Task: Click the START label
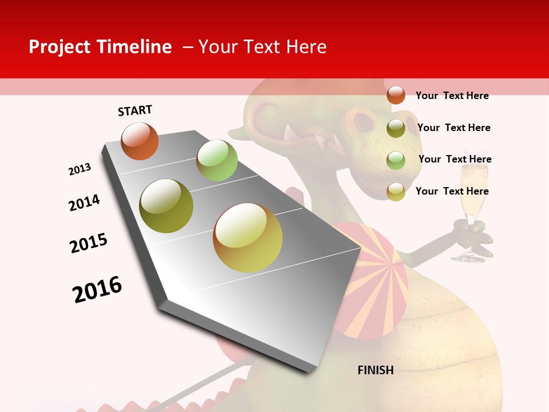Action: point(135,110)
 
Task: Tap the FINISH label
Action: point(376,370)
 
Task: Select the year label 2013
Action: point(79,169)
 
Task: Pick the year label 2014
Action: point(84,203)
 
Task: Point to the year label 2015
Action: point(89,243)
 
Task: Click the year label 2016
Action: point(97,290)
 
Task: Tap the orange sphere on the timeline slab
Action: point(140,141)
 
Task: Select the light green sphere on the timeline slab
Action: point(217,160)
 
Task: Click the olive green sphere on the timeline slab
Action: point(166,206)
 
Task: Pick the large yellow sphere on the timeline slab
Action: point(248,237)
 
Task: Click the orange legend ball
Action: point(396,95)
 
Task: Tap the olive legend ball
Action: point(396,128)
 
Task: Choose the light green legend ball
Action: point(396,160)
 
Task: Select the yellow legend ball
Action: point(396,192)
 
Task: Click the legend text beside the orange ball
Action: point(452,96)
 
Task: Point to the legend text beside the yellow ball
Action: point(452,191)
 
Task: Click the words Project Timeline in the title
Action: point(100,47)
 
